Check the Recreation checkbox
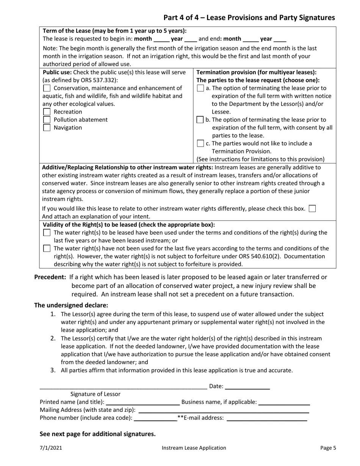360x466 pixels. tap(47, 112)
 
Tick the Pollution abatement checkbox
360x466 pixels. tap(47, 120)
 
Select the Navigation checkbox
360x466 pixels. tap(47, 128)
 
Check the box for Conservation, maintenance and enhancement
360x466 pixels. tap(47, 88)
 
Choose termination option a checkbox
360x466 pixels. tap(200, 88)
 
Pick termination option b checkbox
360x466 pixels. tap(200, 120)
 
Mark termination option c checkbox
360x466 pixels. tap(200, 144)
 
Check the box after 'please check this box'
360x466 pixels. tap(312, 208)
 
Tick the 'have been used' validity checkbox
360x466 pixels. tap(47, 233)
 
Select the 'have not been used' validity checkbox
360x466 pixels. tap(47, 249)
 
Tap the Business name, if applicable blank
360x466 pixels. tap(284, 402)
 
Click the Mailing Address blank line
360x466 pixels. tap(224, 410)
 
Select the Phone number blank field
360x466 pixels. tap(155, 418)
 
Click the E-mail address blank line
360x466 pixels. tap(266, 418)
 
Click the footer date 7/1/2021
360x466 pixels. tap(51, 448)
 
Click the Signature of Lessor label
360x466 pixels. tap(95, 394)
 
